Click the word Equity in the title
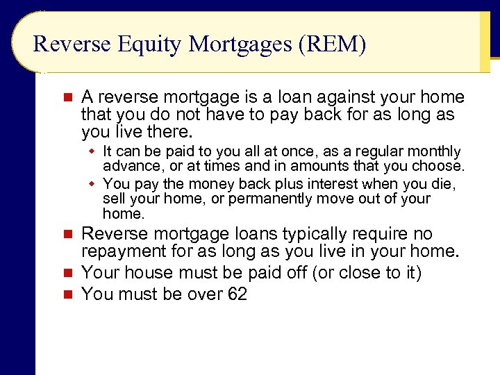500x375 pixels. click(x=149, y=44)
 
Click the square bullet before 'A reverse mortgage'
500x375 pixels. click(x=67, y=97)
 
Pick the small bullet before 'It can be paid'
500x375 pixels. click(x=91, y=151)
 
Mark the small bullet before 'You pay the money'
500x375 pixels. click(x=91, y=184)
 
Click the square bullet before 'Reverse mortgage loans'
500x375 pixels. click(x=67, y=234)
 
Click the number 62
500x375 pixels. click(x=237, y=294)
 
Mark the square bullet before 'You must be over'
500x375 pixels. click(x=67, y=294)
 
